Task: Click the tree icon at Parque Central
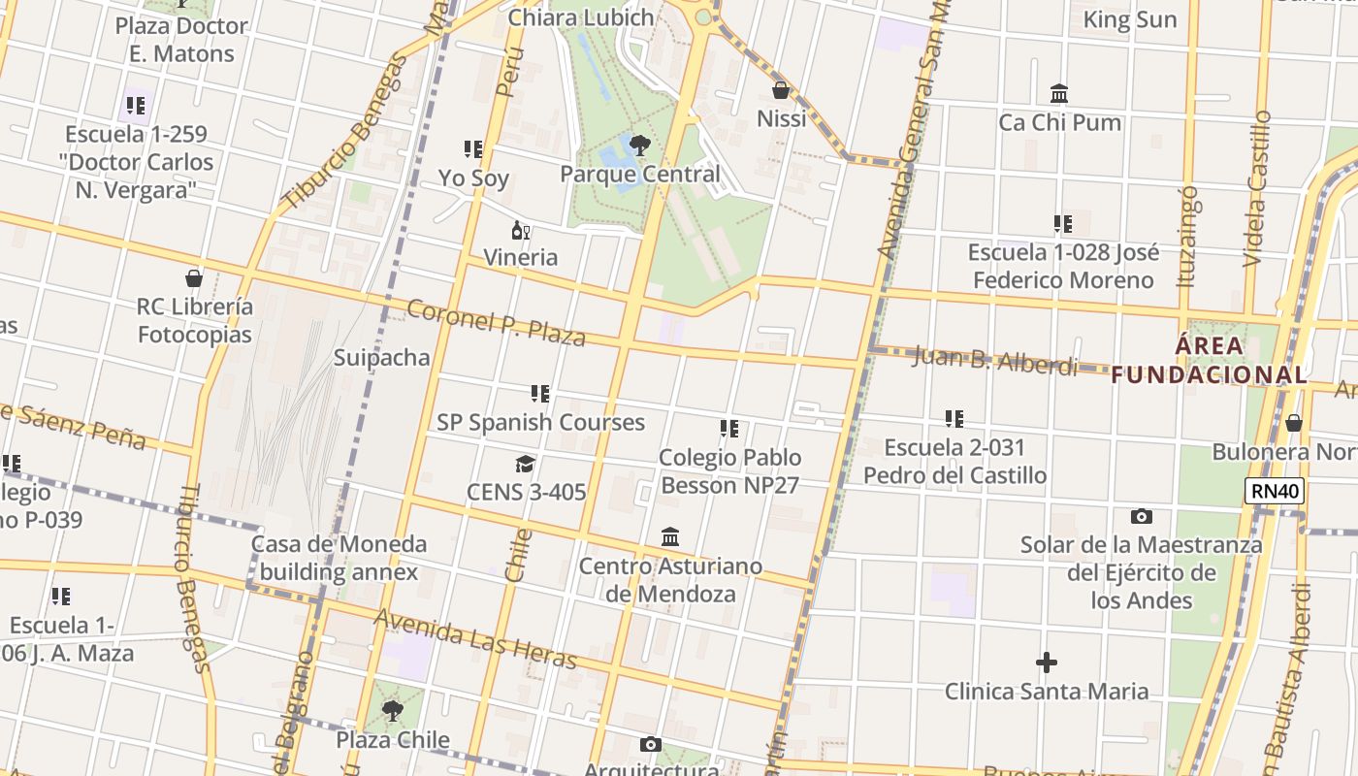pyautogui.click(x=639, y=146)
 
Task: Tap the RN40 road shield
pyautogui.click(x=1275, y=491)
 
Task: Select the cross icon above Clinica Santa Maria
pyautogui.click(x=1046, y=663)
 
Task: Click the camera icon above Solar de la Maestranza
pyautogui.click(x=1142, y=517)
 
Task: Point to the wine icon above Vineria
pyautogui.click(x=520, y=231)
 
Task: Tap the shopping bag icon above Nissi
pyautogui.click(x=781, y=91)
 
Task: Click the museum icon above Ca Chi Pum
pyautogui.click(x=1059, y=95)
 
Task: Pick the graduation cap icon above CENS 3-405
pyautogui.click(x=526, y=465)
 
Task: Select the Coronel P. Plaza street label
pyautogui.click(x=496, y=323)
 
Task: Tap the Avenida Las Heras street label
pyautogui.click(x=475, y=639)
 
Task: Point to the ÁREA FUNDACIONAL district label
pyautogui.click(x=1209, y=360)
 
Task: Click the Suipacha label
pyautogui.click(x=382, y=357)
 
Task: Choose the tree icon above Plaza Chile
pyautogui.click(x=393, y=712)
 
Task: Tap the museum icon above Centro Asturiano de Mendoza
pyautogui.click(x=670, y=537)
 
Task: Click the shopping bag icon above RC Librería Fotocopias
pyautogui.click(x=194, y=279)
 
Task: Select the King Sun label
pyautogui.click(x=1129, y=19)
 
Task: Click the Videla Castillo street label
pyautogui.click(x=1256, y=188)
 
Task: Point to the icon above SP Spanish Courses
pyautogui.click(x=540, y=394)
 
